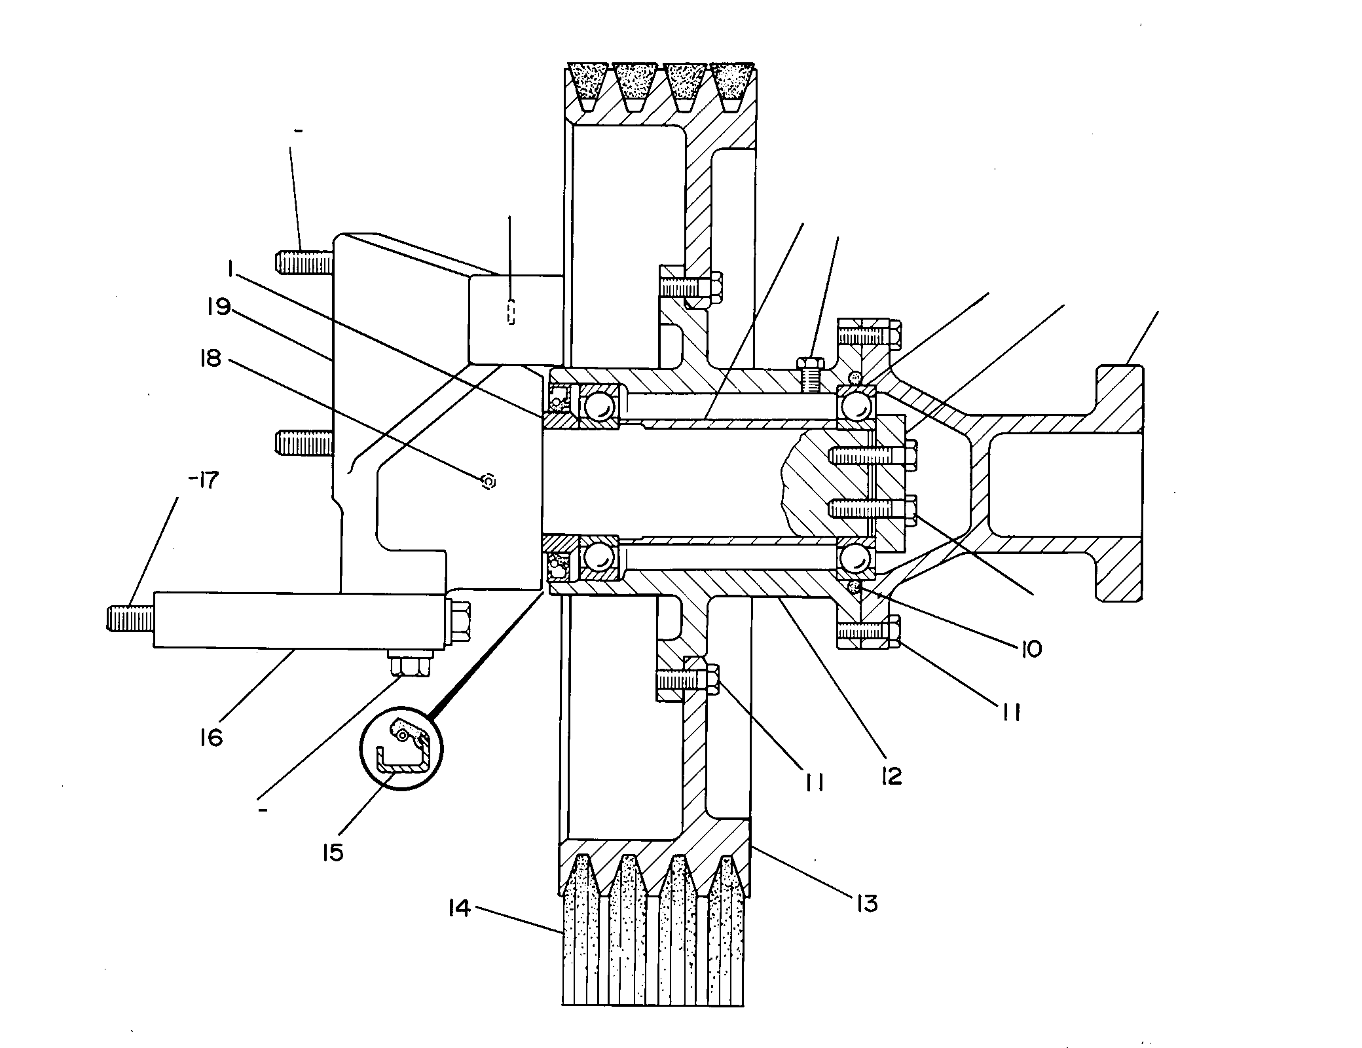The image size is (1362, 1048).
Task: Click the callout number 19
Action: pos(219,307)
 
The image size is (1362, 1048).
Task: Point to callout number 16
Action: pos(212,738)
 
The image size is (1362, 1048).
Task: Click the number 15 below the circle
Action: pos(333,852)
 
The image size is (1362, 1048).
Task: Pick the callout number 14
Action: pos(459,908)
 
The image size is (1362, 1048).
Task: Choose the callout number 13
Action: pos(865,904)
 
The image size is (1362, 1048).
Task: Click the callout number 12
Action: pos(891,776)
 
